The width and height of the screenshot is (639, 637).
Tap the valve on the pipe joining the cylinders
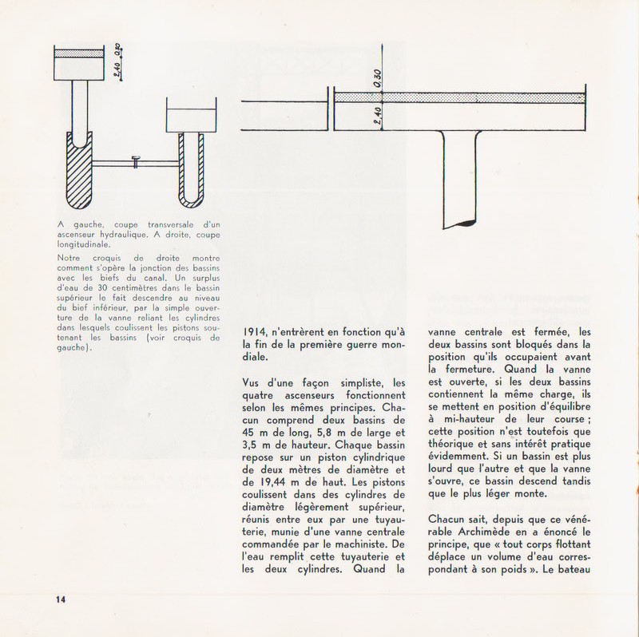coord(136,163)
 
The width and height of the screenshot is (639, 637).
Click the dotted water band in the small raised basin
coord(77,53)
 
